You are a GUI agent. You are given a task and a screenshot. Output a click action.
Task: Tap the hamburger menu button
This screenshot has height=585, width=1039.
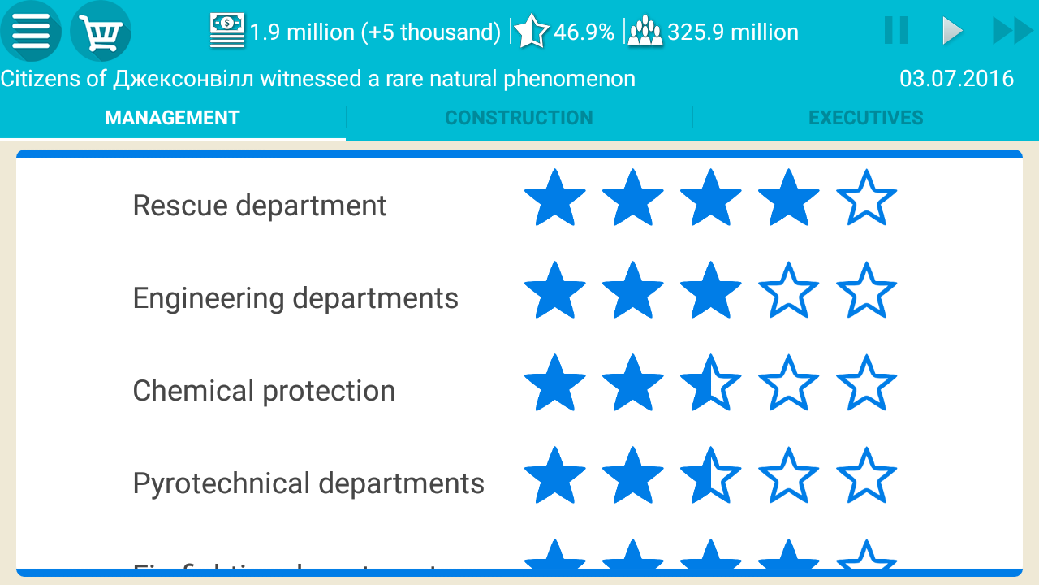click(31, 32)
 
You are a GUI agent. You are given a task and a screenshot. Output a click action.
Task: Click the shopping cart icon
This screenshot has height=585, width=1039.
click(101, 32)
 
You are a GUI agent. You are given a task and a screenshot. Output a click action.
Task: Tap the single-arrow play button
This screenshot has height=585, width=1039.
click(951, 32)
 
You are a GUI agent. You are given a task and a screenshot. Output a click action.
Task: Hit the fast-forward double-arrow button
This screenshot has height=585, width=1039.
click(1012, 32)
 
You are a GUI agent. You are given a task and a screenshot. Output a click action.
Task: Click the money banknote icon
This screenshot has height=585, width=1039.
click(227, 31)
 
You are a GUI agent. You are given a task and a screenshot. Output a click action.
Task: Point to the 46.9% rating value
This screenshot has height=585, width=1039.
click(584, 32)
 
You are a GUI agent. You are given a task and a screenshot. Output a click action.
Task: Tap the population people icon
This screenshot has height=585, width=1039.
click(645, 32)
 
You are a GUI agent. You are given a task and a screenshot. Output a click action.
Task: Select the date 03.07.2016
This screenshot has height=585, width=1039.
click(956, 79)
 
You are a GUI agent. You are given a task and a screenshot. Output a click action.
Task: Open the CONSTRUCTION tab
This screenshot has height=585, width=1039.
click(519, 118)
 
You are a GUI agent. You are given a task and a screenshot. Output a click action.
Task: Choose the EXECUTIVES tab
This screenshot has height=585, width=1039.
click(865, 118)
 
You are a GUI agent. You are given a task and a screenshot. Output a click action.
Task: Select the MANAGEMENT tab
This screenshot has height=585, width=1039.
click(172, 118)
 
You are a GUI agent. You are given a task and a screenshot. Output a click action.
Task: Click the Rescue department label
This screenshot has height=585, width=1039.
click(260, 206)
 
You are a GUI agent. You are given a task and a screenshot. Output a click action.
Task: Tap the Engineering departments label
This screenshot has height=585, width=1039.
click(295, 298)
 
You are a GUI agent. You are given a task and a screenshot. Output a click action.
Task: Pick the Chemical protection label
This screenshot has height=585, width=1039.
click(264, 391)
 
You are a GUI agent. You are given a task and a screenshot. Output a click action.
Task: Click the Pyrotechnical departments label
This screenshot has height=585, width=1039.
click(308, 483)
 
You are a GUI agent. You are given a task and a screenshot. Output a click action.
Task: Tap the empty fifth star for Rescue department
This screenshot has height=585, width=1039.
click(866, 197)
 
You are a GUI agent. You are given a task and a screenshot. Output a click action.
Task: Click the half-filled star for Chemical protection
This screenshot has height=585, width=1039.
click(710, 383)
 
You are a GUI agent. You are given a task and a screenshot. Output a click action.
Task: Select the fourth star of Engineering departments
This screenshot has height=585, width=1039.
click(788, 290)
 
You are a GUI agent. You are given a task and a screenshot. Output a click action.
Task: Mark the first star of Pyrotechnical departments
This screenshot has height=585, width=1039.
click(554, 475)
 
